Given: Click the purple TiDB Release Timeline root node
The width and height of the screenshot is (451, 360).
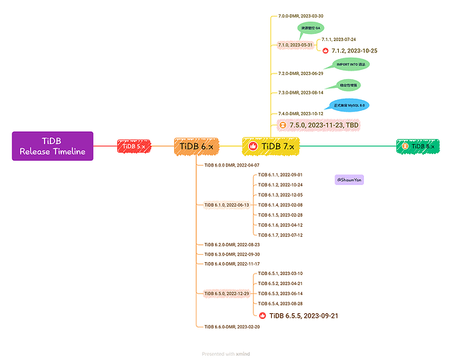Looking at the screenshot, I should [53, 146].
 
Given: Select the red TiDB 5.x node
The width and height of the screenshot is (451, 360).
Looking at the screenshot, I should [133, 146].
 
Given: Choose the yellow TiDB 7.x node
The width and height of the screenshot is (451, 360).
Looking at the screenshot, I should [269, 146].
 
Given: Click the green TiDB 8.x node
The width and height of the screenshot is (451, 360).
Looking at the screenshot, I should [417, 146].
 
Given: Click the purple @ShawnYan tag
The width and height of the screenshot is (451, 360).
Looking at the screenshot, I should [349, 179].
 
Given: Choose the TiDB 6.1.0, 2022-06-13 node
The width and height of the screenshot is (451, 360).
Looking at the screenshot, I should [227, 204].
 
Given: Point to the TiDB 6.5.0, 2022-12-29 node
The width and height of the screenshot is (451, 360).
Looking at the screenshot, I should [227, 294].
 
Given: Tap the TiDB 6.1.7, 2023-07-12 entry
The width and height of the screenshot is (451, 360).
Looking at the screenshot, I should [280, 235].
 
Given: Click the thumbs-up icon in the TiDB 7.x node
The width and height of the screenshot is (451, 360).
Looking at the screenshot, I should [252, 146].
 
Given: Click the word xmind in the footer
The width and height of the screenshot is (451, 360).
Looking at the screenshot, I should [242, 354].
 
